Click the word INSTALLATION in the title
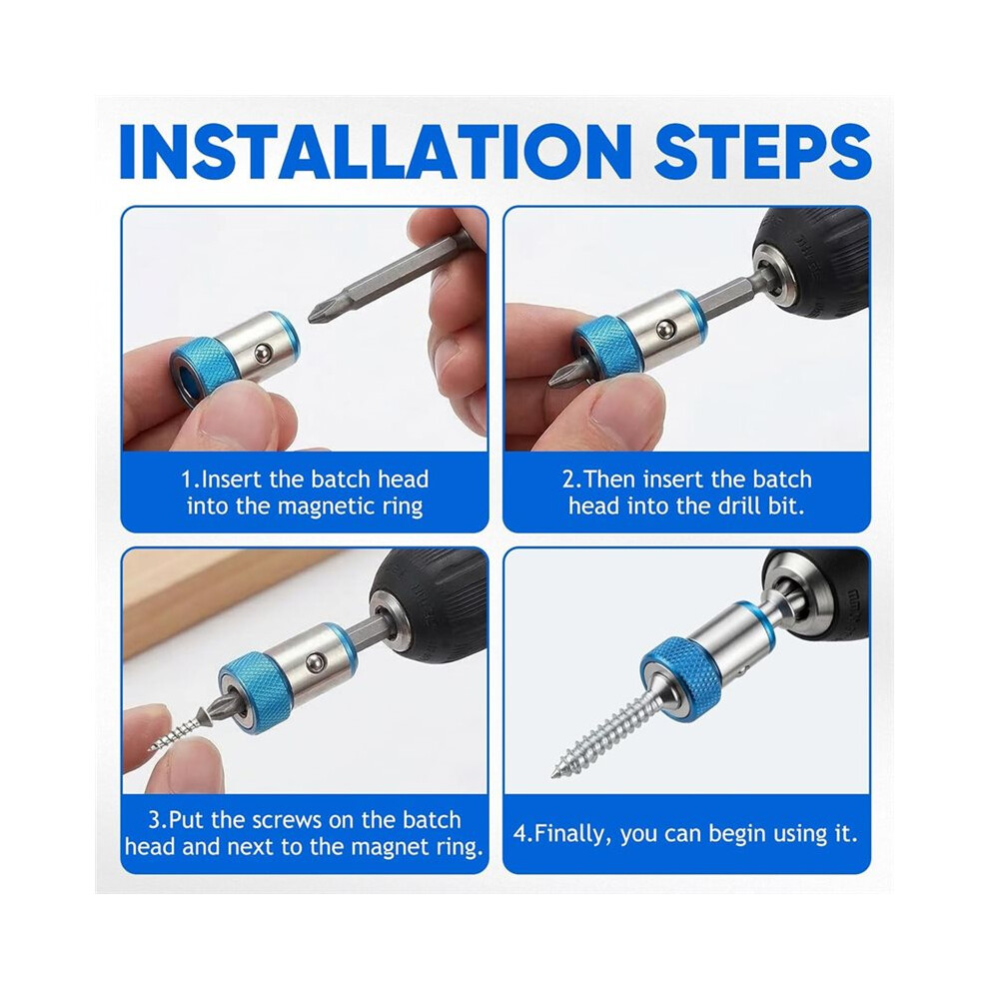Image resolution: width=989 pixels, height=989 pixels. pos(376,153)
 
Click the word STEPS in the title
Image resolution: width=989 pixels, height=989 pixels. pos(762,153)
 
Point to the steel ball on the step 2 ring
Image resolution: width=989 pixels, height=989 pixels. pos(664,329)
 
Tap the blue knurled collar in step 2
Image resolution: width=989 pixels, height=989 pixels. pos(608,350)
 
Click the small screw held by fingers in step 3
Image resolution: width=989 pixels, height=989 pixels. pos(177,731)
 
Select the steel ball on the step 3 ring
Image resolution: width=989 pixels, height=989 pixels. pos(314,661)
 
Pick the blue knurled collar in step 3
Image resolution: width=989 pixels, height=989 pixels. pos(256,688)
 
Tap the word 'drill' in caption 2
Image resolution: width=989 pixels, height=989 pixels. pos(740,505)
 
